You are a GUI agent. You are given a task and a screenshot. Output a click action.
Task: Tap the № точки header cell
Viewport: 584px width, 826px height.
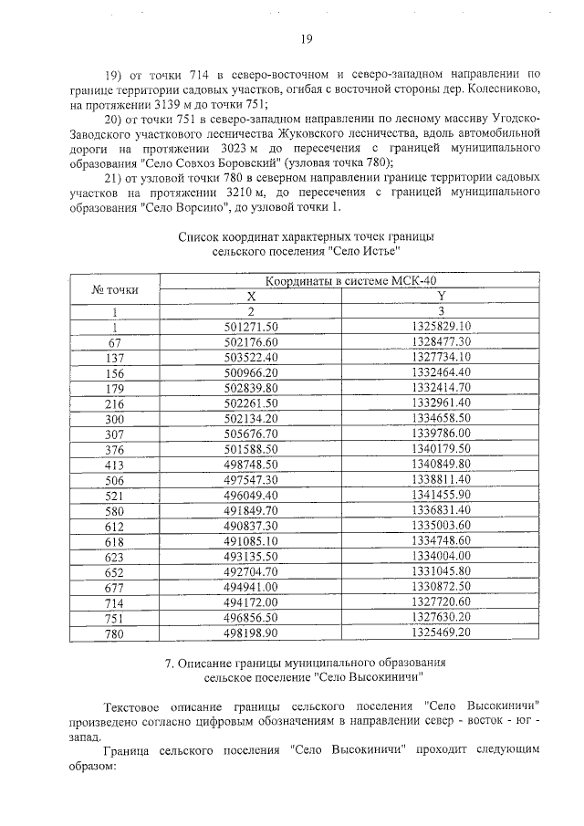116,289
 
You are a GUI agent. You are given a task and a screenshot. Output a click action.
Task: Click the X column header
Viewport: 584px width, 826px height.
250,297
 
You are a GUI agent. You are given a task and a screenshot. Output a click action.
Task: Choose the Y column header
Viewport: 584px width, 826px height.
441,297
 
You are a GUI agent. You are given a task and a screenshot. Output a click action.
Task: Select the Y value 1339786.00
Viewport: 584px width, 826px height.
441,433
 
